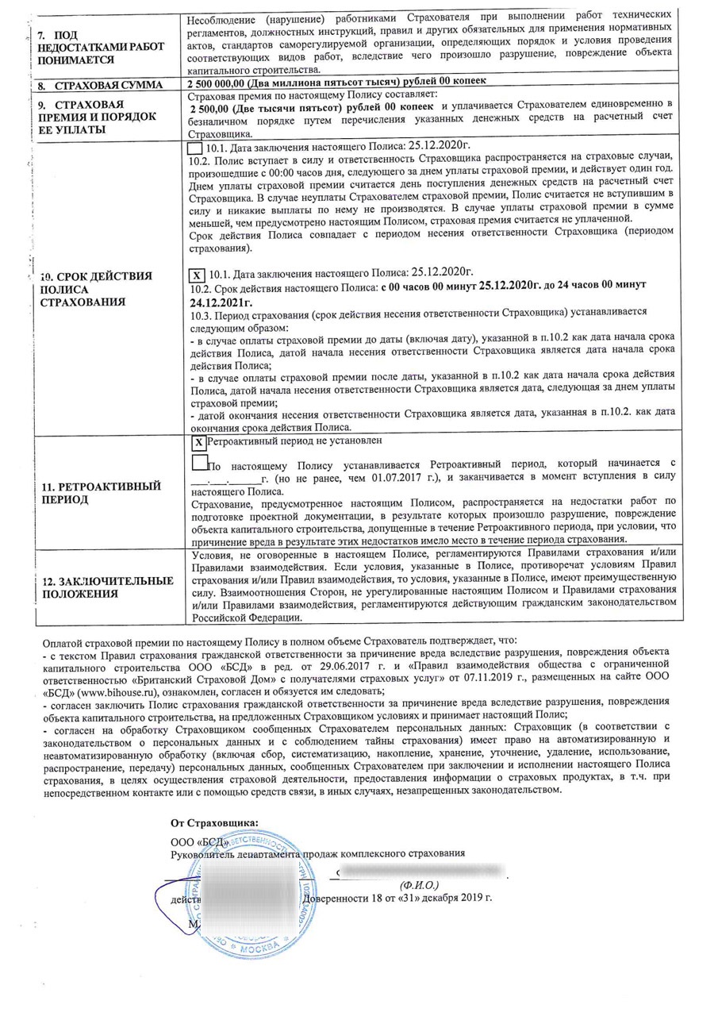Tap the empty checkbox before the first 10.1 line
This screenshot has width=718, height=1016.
coord(194,148)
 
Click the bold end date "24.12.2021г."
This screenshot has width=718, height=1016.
coord(221,302)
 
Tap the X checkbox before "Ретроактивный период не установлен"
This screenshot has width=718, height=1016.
coord(199,441)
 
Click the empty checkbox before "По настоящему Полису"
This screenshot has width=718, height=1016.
coord(200,461)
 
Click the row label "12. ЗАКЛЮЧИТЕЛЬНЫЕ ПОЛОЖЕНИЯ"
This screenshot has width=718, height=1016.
coord(106,587)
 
